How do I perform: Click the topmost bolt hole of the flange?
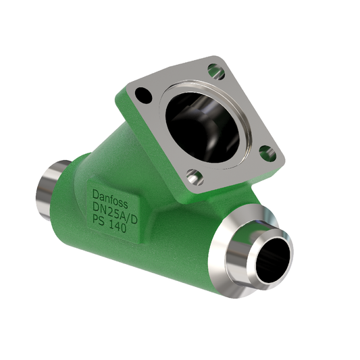click(x=215, y=69)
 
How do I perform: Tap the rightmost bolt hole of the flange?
click(x=265, y=151)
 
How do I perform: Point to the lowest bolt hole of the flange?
click(x=193, y=178)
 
